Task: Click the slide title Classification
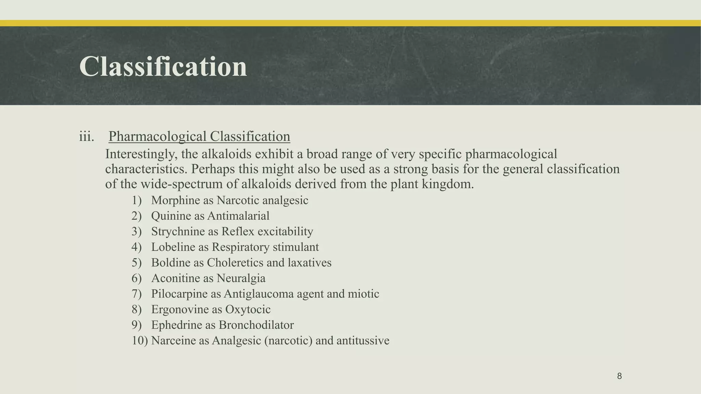tap(163, 67)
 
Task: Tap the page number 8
tap(619, 376)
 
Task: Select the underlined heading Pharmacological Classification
tap(199, 136)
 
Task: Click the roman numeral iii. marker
tap(87, 136)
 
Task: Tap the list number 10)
tap(140, 341)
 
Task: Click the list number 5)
tap(137, 263)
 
